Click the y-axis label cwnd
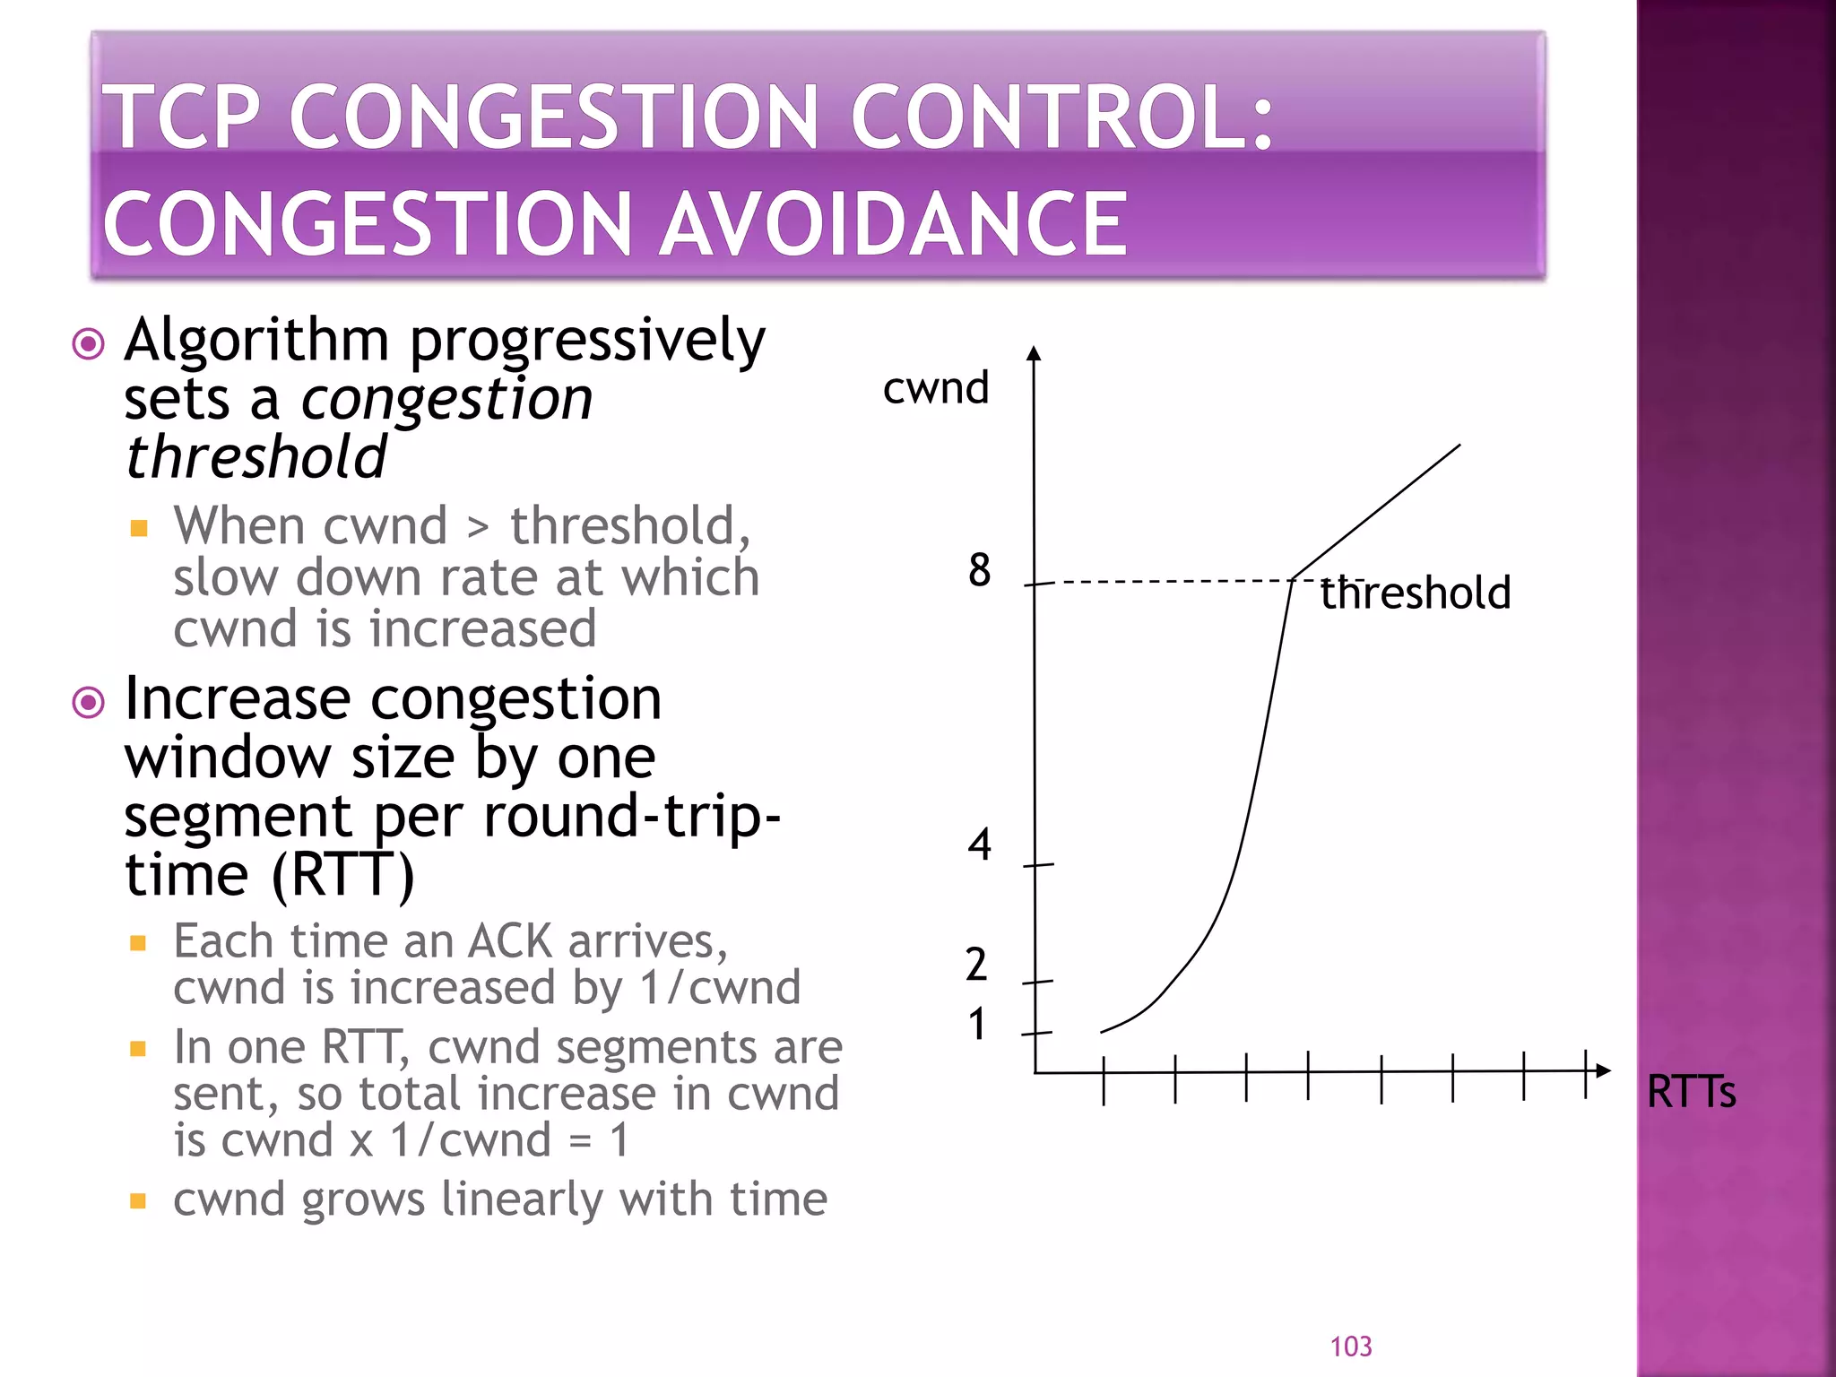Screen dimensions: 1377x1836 tap(935, 389)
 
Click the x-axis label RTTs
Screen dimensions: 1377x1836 tap(1691, 1092)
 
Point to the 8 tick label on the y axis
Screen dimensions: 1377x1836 tap(979, 570)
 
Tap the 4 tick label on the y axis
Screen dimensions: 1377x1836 tap(979, 844)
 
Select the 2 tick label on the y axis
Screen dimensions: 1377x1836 tap(976, 965)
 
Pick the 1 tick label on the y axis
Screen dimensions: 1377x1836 tap(976, 1024)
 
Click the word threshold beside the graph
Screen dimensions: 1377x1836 tap(1416, 593)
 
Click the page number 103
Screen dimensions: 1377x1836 tap(1350, 1347)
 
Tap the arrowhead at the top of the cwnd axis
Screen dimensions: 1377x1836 tap(1034, 353)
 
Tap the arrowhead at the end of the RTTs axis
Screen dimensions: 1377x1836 tap(1603, 1070)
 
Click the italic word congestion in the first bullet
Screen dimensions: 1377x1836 tap(446, 399)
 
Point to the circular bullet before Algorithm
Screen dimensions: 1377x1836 tap(88, 343)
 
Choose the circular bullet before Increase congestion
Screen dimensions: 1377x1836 tap(88, 702)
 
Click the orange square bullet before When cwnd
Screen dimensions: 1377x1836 tap(138, 527)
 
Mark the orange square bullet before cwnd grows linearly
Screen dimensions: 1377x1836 tap(138, 1201)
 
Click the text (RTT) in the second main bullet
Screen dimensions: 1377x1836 tap(342, 875)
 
